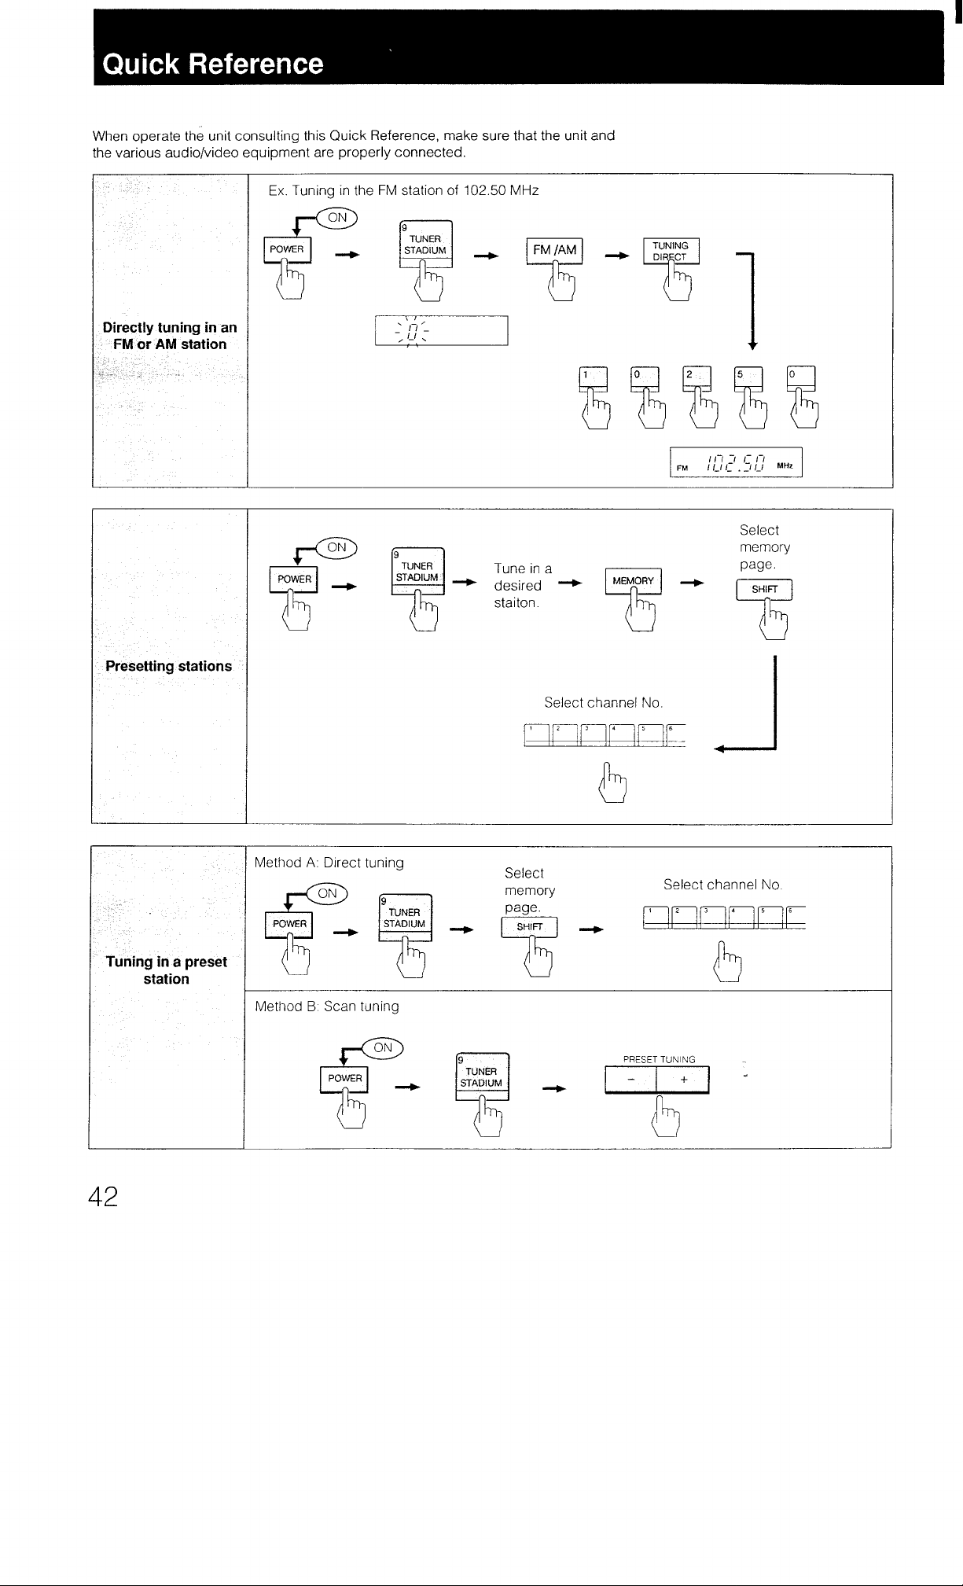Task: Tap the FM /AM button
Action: (554, 250)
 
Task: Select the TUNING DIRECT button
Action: (671, 251)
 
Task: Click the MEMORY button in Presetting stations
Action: (633, 580)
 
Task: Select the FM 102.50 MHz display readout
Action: (736, 462)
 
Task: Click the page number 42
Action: (103, 1196)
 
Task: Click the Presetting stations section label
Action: (169, 666)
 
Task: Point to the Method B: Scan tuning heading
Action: (327, 1006)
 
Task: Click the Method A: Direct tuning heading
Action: (329, 863)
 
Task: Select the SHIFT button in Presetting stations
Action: (764, 590)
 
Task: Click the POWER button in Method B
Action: (344, 1078)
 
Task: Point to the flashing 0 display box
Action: (441, 330)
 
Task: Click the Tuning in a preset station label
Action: (167, 970)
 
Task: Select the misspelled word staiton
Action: (516, 603)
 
